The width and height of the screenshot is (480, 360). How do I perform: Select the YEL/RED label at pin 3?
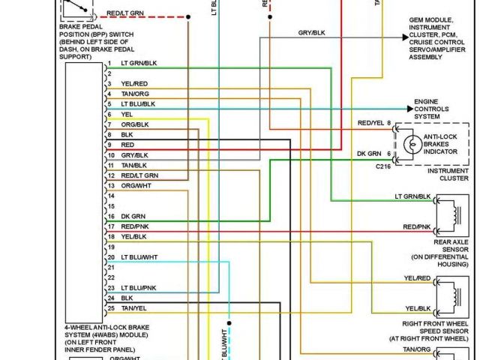pyautogui.click(x=134, y=83)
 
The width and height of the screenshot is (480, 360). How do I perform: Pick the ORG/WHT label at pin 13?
pyautogui.click(x=136, y=185)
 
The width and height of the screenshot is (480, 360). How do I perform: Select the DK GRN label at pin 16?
pyautogui.click(x=133, y=216)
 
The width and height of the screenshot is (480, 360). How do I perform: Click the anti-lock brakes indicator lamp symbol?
pyautogui.click(x=409, y=142)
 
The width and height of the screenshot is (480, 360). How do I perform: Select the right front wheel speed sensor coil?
pyautogui.click(x=451, y=296)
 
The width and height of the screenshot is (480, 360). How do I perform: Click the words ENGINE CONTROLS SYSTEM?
pyautogui.click(x=431, y=109)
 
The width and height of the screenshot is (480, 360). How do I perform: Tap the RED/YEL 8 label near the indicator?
pyautogui.click(x=374, y=123)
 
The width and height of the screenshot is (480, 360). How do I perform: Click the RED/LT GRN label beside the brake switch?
pyautogui.click(x=125, y=13)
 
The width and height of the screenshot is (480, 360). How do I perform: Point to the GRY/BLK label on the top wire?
pyautogui.click(x=312, y=33)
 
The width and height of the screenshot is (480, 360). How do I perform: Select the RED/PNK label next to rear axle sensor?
pyautogui.click(x=417, y=226)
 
